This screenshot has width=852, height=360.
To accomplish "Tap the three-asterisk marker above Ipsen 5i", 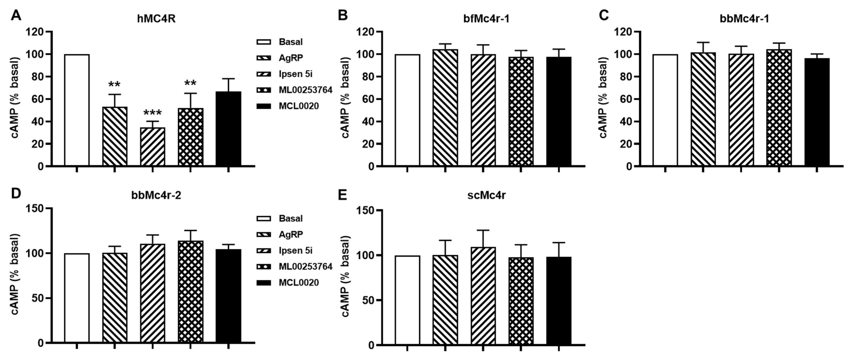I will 153,113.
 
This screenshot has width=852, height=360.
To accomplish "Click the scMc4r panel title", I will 486,196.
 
